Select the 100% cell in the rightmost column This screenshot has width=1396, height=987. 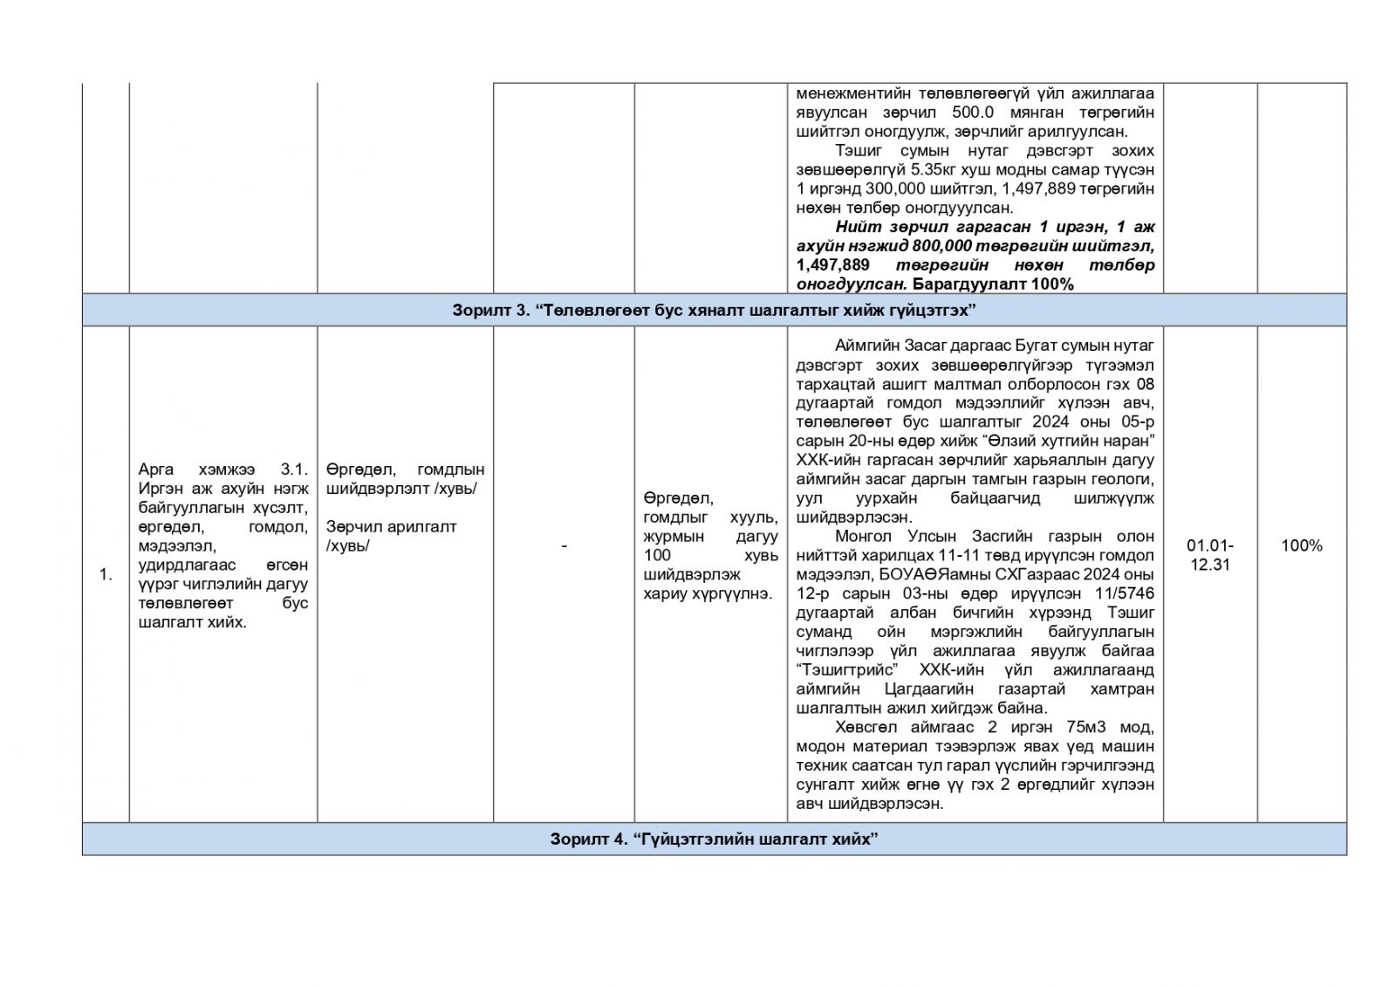[1301, 545]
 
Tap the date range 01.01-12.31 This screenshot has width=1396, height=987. [1209, 555]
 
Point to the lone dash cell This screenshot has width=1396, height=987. [564, 546]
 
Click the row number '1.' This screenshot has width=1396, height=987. [106, 574]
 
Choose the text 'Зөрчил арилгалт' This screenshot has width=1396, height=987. [391, 527]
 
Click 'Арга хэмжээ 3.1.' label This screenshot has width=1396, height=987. [222, 470]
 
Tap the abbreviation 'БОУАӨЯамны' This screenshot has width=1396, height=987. [923, 574]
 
